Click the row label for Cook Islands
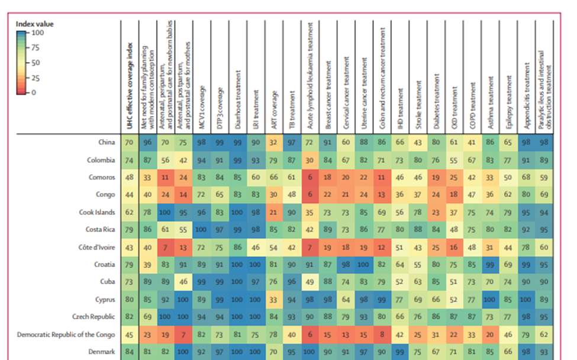[x=98, y=212]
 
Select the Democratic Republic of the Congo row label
[x=66, y=334]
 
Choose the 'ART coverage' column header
[x=274, y=110]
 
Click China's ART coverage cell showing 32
[x=273, y=143]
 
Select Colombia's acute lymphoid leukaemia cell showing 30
[x=310, y=160]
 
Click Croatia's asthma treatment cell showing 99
[x=490, y=264]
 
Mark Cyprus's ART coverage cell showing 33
[x=273, y=299]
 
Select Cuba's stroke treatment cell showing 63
[x=418, y=282]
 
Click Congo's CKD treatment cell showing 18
[x=454, y=195]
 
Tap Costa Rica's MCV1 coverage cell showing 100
[x=202, y=230]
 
